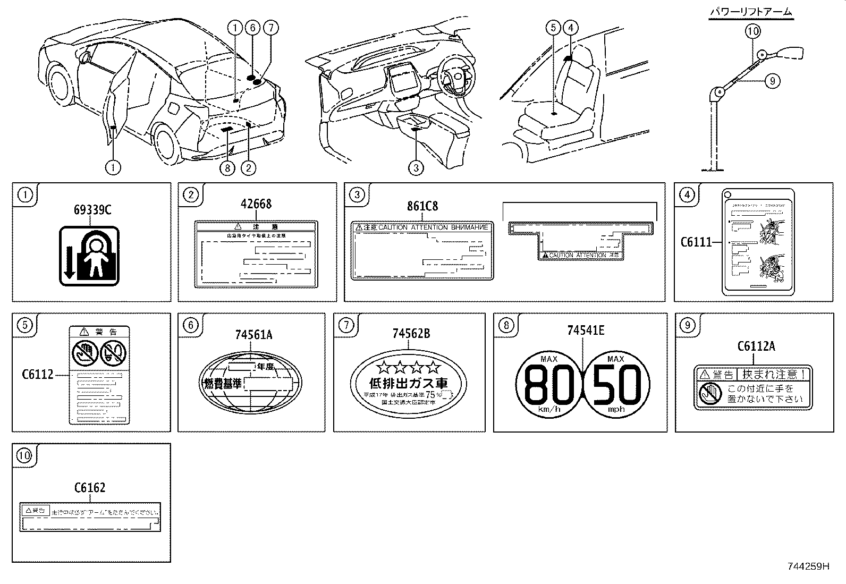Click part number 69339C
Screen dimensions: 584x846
(x=92, y=210)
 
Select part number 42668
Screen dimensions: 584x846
(x=256, y=204)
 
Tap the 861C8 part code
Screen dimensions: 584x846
(x=422, y=206)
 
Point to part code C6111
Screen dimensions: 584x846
(x=696, y=242)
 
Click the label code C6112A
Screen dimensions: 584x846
(x=756, y=346)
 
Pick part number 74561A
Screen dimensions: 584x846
(x=253, y=334)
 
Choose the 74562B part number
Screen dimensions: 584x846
(x=411, y=334)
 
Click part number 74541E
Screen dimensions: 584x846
(x=586, y=331)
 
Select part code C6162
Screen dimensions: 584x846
(x=90, y=487)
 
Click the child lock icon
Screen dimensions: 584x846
(x=89, y=255)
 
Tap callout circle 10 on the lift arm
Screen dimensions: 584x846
(x=753, y=31)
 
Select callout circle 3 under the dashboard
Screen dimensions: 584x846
(x=416, y=168)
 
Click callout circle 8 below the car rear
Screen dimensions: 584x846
(x=227, y=168)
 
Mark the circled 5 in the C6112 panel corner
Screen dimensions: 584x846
(x=25, y=325)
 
